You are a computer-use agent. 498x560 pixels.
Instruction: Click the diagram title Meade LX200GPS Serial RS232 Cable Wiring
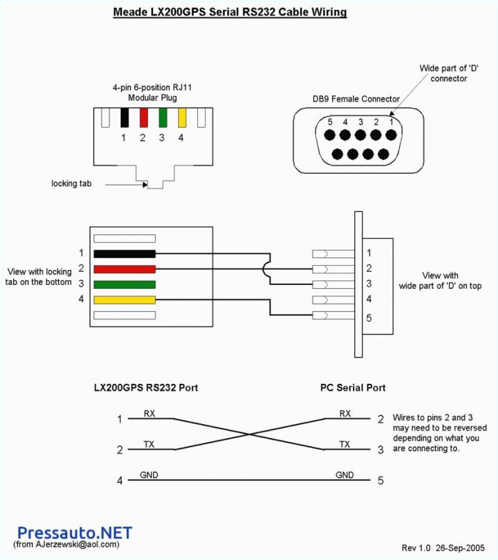click(x=230, y=12)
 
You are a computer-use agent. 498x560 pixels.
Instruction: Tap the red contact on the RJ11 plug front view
click(x=143, y=118)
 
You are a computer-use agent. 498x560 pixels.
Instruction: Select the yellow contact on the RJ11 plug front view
click(x=182, y=118)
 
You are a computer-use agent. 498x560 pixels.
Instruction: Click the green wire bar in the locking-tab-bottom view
click(x=124, y=284)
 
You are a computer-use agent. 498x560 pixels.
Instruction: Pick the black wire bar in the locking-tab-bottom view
click(x=124, y=254)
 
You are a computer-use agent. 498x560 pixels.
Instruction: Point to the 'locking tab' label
click(x=71, y=184)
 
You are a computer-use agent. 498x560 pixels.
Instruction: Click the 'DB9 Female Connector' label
click(x=356, y=99)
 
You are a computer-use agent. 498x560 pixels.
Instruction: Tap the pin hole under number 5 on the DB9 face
click(x=330, y=136)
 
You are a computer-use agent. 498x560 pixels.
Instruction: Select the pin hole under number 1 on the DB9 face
click(x=390, y=136)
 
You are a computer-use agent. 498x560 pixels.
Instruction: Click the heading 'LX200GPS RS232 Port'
click(x=146, y=388)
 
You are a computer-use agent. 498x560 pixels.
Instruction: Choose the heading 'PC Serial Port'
click(x=353, y=388)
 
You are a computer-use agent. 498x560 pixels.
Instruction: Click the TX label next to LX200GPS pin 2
click(x=149, y=444)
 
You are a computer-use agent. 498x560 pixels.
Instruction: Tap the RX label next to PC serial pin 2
click(x=345, y=414)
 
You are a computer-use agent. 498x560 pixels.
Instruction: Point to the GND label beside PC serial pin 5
click(x=345, y=475)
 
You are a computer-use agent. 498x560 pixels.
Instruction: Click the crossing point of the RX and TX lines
click(x=249, y=434)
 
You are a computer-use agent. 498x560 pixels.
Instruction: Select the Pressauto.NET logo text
click(x=75, y=533)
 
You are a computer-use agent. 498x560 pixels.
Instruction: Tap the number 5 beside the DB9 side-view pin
click(x=369, y=318)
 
